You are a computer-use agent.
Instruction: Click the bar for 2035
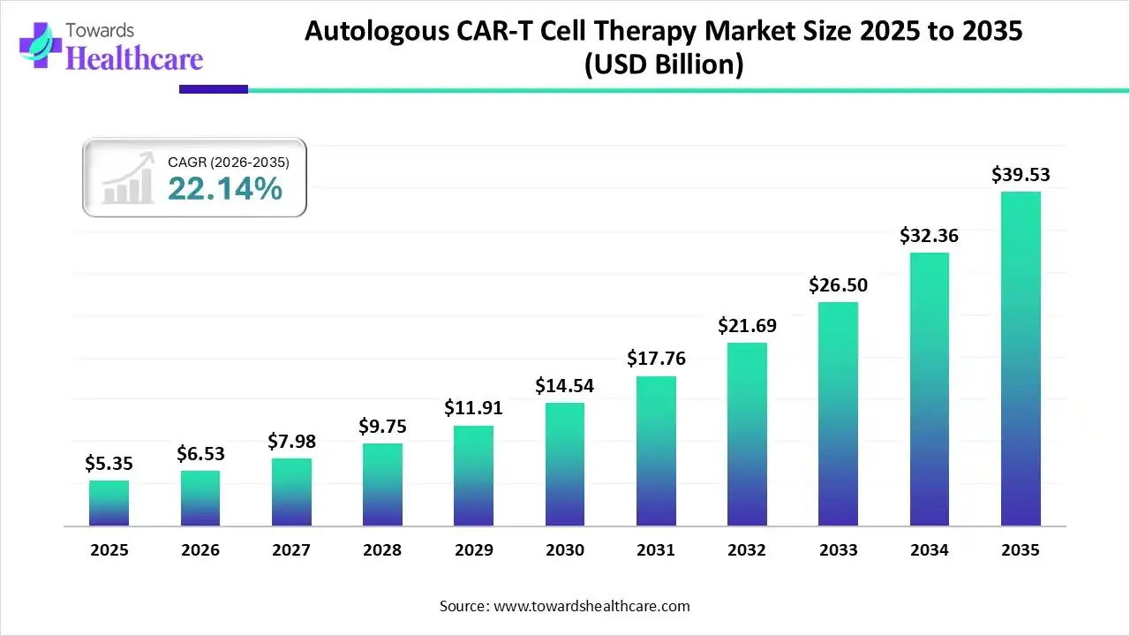pyautogui.click(x=1021, y=359)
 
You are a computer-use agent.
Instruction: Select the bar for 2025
pyautogui.click(x=109, y=503)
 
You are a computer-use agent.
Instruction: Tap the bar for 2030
pyautogui.click(x=565, y=465)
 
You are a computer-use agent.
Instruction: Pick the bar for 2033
pyautogui.click(x=838, y=414)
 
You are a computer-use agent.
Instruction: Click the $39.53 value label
pyautogui.click(x=1021, y=174)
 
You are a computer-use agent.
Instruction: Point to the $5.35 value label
pyautogui.click(x=109, y=463)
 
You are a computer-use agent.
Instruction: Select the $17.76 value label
pyautogui.click(x=656, y=359)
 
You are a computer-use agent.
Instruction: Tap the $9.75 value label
pyautogui.click(x=382, y=426)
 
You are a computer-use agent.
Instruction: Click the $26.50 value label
pyautogui.click(x=838, y=284)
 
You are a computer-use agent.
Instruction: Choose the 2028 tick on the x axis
pyautogui.click(x=382, y=550)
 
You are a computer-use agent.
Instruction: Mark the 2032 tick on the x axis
pyautogui.click(x=747, y=550)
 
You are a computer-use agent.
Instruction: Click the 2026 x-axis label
pyautogui.click(x=200, y=550)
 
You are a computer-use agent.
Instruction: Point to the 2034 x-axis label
pyautogui.click(x=930, y=550)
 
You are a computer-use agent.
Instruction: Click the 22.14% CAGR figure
pyautogui.click(x=225, y=188)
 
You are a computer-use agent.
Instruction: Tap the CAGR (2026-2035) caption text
pyautogui.click(x=228, y=162)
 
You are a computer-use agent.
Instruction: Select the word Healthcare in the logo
pyautogui.click(x=134, y=58)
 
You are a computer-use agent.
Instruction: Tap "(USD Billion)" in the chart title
pyautogui.click(x=663, y=64)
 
